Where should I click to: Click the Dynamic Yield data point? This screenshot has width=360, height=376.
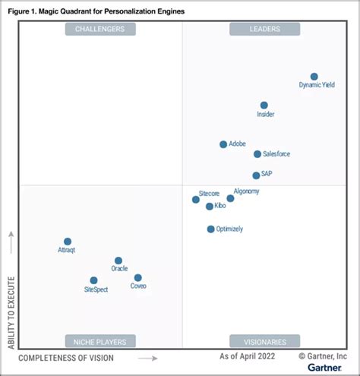(x=314, y=77)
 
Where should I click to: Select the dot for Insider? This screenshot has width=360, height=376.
(x=264, y=106)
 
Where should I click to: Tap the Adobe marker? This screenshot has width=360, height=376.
(x=223, y=144)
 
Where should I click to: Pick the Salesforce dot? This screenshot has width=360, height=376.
(x=257, y=154)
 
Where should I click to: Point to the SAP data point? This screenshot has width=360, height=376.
(x=256, y=175)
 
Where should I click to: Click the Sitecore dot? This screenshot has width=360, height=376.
(x=196, y=200)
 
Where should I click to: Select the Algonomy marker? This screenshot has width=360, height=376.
(x=230, y=198)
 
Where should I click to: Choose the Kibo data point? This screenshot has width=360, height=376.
(x=210, y=206)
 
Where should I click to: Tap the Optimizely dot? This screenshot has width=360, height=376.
(x=211, y=229)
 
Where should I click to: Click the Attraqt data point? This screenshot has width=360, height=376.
(x=68, y=242)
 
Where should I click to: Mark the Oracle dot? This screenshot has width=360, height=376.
(x=118, y=261)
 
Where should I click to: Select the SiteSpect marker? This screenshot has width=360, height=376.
(x=93, y=280)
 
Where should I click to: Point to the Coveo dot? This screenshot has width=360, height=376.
(x=137, y=278)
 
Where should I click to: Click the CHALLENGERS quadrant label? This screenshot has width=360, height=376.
(x=100, y=29)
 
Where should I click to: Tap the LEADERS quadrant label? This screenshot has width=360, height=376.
(x=264, y=29)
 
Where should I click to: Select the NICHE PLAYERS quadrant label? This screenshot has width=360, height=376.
(x=100, y=341)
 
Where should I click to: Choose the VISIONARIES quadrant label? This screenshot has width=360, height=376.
(x=264, y=341)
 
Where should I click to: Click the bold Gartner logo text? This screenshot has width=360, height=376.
(x=325, y=368)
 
